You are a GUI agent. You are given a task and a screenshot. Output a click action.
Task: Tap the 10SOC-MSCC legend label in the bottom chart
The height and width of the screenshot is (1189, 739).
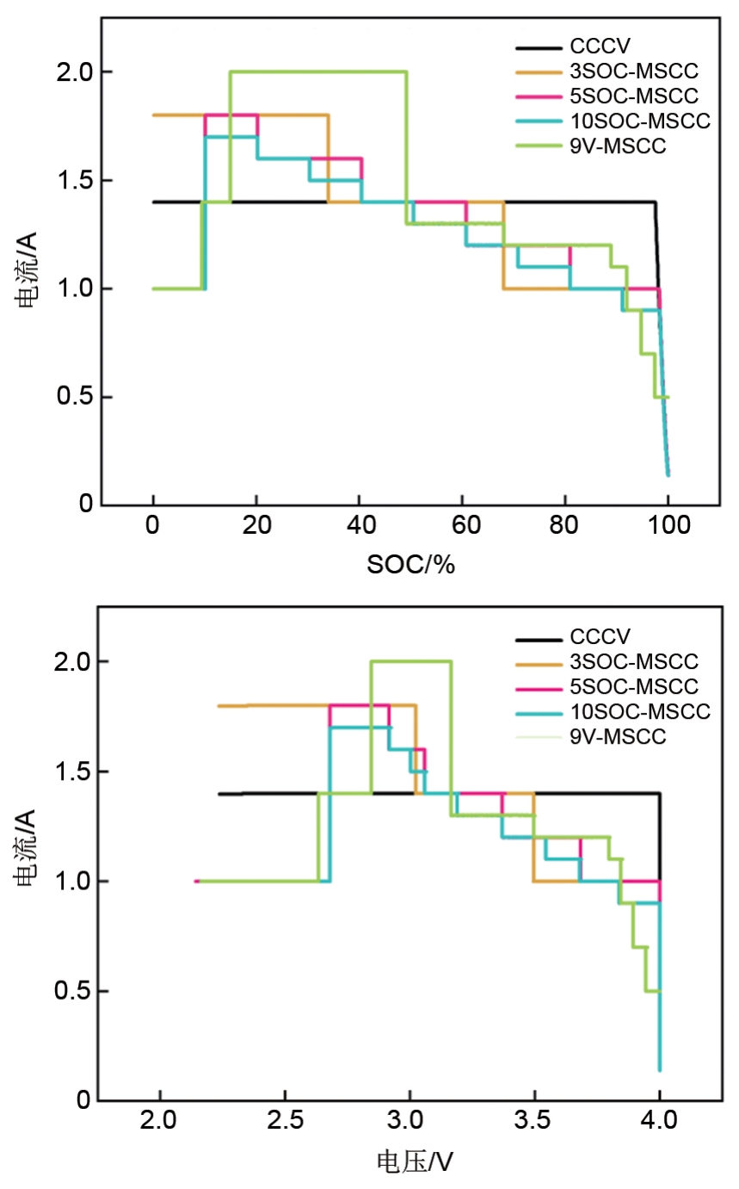point(639,711)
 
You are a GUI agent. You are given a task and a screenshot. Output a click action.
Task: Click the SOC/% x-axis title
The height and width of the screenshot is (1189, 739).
point(410,565)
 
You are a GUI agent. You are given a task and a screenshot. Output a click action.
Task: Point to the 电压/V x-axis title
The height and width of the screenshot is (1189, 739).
point(416,1161)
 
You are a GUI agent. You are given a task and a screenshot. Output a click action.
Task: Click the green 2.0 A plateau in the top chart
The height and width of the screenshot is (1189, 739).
point(318,71)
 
